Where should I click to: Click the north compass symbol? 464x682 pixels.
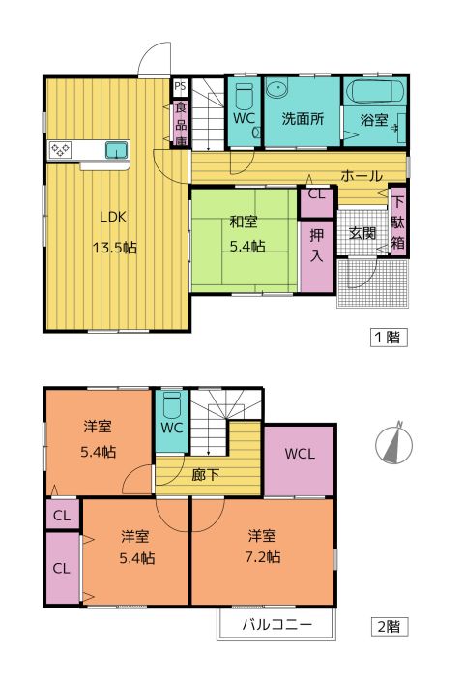[394, 444]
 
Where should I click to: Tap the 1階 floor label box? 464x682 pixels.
[389, 337]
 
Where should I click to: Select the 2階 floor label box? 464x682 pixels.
[389, 627]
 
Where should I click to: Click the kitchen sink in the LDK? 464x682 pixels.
[116, 151]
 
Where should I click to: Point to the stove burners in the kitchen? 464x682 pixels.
[60, 150]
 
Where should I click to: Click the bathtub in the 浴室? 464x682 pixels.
[374, 92]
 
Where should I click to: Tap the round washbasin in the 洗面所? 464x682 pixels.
[276, 90]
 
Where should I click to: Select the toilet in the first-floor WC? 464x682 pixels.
[245, 96]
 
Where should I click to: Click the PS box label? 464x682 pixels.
[180, 86]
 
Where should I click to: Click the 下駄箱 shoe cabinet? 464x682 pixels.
[398, 222]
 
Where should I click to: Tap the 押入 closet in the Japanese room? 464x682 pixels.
[317, 256]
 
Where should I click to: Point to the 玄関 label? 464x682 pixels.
[362, 233]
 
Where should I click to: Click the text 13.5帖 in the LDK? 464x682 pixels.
[114, 248]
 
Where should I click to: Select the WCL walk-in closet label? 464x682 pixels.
[300, 454]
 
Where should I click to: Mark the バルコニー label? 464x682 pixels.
[277, 625]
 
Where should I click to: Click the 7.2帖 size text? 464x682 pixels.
[263, 557]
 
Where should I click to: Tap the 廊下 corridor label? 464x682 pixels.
[205, 475]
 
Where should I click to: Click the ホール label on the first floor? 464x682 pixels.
[362, 176]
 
